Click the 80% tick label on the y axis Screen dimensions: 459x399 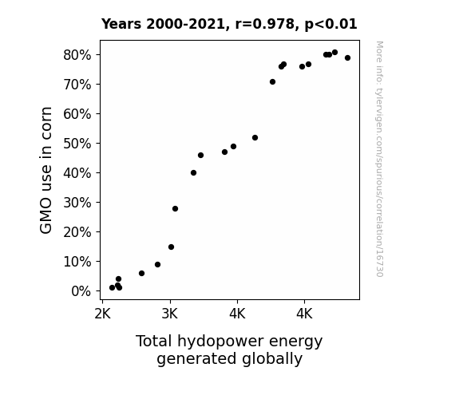coord(77,55)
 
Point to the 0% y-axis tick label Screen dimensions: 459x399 coord(81,291)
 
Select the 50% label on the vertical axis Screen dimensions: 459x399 coord(77,144)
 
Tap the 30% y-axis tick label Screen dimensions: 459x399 coord(77,203)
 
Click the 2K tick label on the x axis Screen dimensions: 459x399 coord(102,314)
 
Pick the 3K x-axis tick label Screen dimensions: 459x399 coord(170,314)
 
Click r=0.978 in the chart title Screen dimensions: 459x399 coord(265,24)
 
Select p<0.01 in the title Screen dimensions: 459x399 coord(330,24)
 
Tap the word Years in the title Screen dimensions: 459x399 coord(121,24)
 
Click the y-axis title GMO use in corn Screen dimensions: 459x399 coord(46,170)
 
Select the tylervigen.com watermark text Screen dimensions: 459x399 coord(380,159)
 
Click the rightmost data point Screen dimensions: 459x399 coord(347,58)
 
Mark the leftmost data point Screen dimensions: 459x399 coord(112,288)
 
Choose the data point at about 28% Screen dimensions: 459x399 coord(175,209)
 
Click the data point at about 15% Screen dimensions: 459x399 coord(172,247)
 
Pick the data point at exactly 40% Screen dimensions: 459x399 coord(193,173)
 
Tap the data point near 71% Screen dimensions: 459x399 coord(272,82)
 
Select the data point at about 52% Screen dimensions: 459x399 coord(255,137)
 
